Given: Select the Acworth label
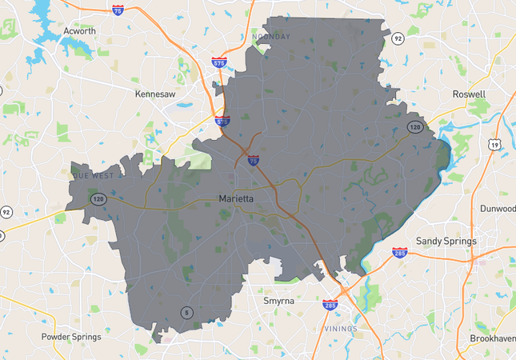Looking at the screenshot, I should (79, 31).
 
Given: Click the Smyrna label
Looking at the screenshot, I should (279, 301).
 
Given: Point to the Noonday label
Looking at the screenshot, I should (270, 37).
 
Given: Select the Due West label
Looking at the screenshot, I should (94, 174).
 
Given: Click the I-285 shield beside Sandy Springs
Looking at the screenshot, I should (400, 253).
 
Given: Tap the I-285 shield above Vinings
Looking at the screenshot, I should (330, 305).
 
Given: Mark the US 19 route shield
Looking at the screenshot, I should (497, 144).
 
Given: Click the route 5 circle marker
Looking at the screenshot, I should (186, 312).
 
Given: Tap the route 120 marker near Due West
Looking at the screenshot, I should (96, 198).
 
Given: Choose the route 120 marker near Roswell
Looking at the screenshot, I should (414, 127).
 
